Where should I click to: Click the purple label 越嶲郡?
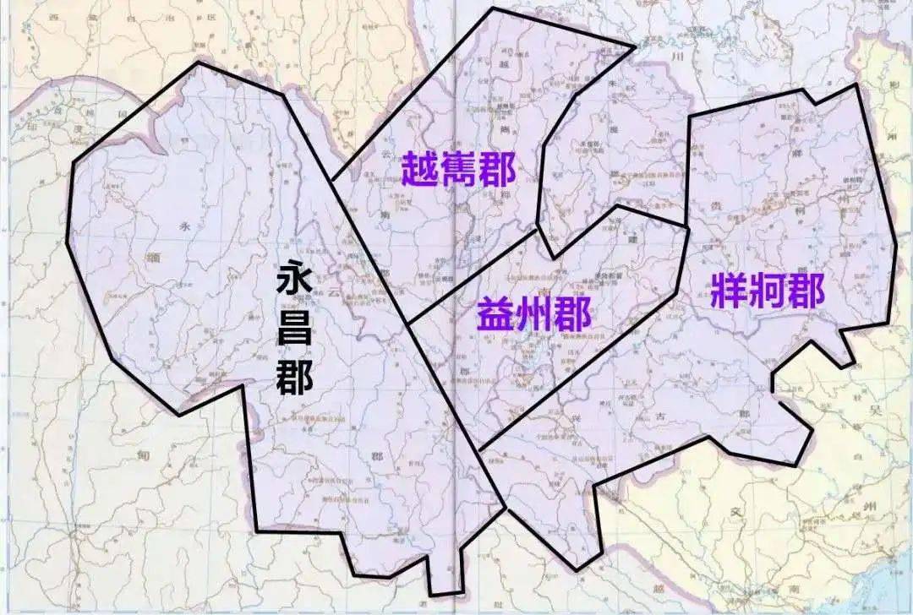[x=458, y=170]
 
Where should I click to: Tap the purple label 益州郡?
[x=533, y=315]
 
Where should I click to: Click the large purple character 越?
[x=419, y=170]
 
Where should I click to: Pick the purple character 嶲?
[x=458, y=170]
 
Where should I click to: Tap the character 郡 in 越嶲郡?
[x=497, y=170]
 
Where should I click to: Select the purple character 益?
[x=495, y=315]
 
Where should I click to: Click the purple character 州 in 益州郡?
[x=534, y=315]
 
